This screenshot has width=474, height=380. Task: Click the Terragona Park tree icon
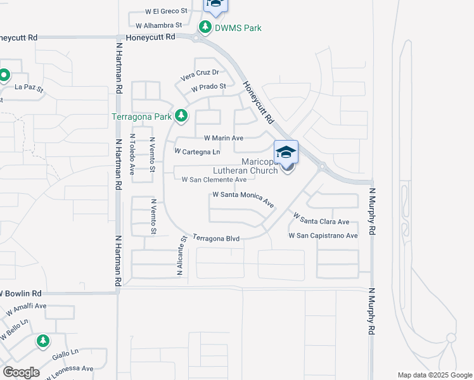181,115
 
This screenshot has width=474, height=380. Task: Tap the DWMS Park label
237,28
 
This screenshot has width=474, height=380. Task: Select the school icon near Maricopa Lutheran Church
286,152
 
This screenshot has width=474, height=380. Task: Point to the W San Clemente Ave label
214,180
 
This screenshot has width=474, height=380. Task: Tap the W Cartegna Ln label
197,152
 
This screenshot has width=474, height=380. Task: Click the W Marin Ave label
224,138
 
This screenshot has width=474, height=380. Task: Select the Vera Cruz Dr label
200,73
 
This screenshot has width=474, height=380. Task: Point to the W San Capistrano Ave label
323,236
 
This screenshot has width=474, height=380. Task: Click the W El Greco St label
166,11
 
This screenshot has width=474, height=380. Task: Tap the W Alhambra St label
159,26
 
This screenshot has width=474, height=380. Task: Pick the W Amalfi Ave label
27,310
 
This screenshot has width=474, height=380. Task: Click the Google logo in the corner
21,372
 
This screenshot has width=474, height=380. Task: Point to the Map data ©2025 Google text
434,375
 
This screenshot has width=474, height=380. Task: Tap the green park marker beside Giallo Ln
42,341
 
